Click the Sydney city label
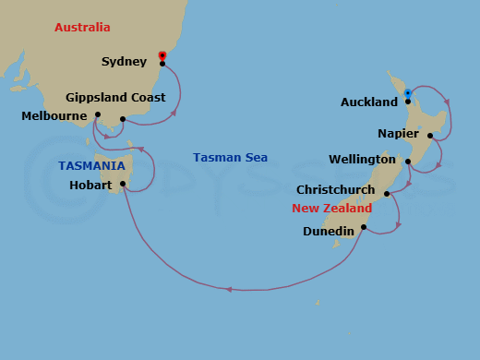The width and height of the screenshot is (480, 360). pos(124,62)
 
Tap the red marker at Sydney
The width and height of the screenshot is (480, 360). pos(162,55)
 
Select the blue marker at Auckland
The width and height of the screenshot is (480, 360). pos(408,93)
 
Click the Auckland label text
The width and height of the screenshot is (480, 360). pos(368,102)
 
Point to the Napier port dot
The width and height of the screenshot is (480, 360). pos(430,136)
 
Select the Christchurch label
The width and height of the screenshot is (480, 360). pos(336,190)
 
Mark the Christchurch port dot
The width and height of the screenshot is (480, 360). pos(387,194)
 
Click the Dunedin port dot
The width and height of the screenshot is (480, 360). pos(364,227)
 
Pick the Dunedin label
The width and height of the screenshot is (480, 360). pos(328,232)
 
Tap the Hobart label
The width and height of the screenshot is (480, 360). pos(90,186)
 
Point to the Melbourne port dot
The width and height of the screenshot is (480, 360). pos(97,115)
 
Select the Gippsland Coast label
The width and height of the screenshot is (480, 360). pos(115,97)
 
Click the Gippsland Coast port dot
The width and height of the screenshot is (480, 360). pos(122,119)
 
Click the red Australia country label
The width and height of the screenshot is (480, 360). pos(82,28)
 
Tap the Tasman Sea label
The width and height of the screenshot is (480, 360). pos(230,158)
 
